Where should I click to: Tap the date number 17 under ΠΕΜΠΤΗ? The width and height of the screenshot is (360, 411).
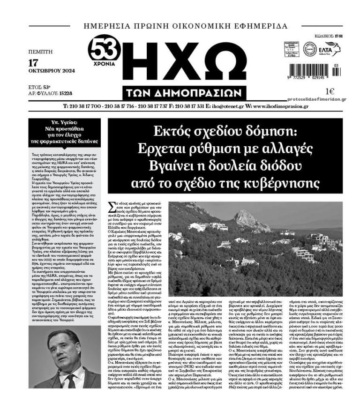[x=33, y=62]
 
